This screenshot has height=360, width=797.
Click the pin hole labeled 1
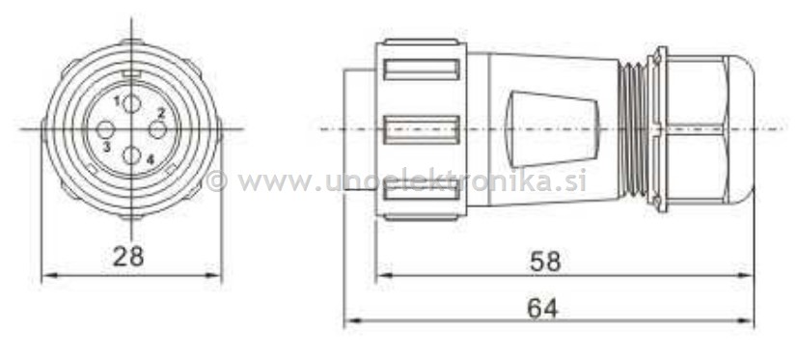pos(132,103)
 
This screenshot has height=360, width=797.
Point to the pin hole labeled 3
pos(106,129)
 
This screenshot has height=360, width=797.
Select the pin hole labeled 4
pos(132,155)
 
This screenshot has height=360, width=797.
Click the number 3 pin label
pos(106,146)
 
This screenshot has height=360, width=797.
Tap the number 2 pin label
pos(161,113)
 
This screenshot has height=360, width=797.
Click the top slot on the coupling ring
pos(421,69)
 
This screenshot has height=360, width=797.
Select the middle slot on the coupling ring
pos(421,128)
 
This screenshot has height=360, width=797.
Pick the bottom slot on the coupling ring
pos(421,192)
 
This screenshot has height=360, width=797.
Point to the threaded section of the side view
pos(635,128)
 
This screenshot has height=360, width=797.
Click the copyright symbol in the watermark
pos(217,180)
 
